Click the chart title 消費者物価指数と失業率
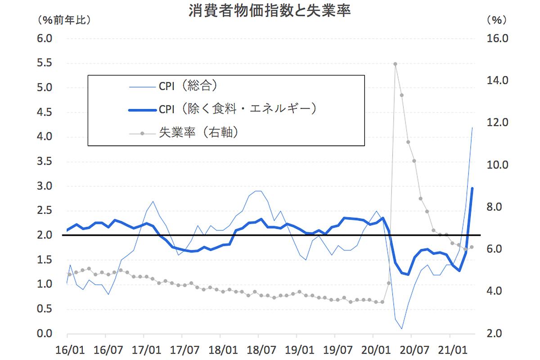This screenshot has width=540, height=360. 270,11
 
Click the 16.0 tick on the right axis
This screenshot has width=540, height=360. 497,39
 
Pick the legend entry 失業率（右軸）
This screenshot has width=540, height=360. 198,133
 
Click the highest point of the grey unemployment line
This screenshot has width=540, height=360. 395,64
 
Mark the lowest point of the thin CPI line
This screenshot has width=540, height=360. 401,329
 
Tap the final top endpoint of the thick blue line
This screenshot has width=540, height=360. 472,188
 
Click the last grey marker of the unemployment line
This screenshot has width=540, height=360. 472,247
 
